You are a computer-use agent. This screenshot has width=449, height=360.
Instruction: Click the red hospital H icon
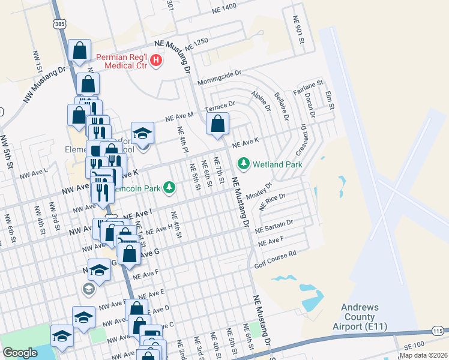click(x=156, y=61)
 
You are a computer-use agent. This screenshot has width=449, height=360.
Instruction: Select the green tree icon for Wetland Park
click(x=243, y=163)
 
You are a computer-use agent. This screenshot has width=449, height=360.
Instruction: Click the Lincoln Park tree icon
click(x=170, y=188)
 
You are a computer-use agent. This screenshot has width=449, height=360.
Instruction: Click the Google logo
click(x=20, y=353)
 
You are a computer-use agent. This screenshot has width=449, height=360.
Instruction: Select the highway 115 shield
click(x=437, y=332)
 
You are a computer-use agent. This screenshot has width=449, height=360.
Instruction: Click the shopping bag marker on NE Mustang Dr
click(x=218, y=124)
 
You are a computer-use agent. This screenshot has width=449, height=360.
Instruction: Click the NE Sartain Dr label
click(x=273, y=226)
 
